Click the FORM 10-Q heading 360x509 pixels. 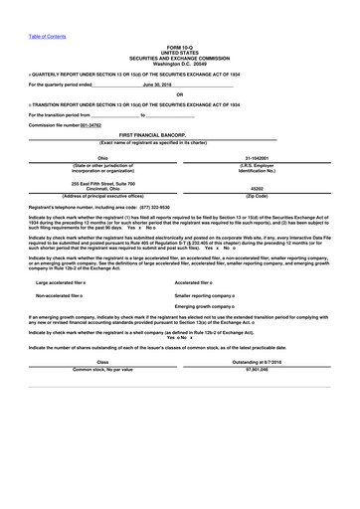180,47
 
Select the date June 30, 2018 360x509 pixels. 157,85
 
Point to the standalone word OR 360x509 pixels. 180,94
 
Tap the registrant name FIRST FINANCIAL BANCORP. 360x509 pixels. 180,133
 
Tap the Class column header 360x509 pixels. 102,362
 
